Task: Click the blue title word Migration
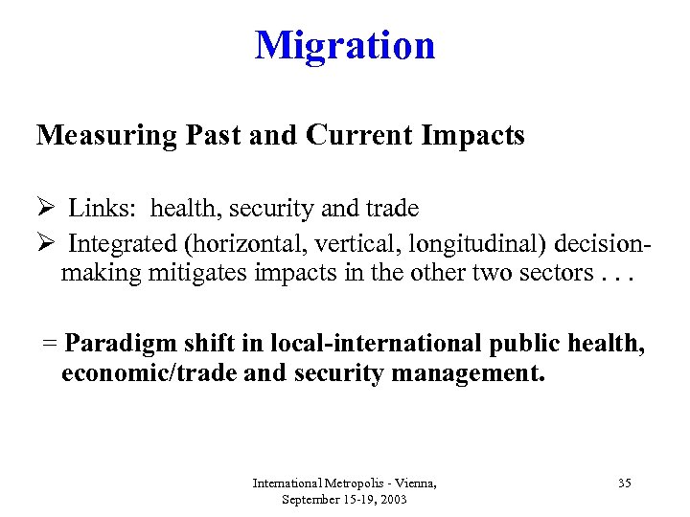click(345, 45)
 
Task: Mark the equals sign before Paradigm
click(48, 343)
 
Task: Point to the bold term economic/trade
click(149, 371)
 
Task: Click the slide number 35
click(624, 483)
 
